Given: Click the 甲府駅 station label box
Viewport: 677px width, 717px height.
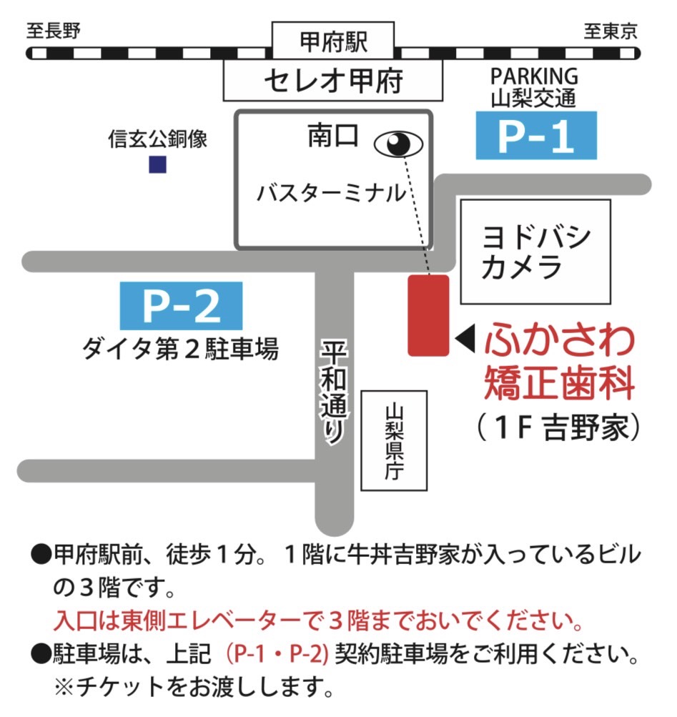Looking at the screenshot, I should click(333, 42).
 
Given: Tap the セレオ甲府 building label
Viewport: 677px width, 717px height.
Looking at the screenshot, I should click(333, 80).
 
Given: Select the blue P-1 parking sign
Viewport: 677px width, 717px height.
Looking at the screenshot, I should click(535, 136).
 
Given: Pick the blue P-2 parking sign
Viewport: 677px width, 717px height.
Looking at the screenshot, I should click(182, 306).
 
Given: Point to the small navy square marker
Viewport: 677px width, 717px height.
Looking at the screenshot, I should click(157, 165).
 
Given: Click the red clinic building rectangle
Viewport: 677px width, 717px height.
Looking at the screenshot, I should click(428, 315).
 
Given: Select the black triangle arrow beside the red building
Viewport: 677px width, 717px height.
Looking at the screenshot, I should click(465, 340).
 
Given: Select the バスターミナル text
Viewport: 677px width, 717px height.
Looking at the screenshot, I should click(331, 193).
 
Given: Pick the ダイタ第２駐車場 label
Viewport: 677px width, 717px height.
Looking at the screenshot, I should click(179, 350).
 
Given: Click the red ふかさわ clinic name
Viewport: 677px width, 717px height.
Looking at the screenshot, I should click(559, 340).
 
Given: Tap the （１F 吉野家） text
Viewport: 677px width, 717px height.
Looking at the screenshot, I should click(557, 427).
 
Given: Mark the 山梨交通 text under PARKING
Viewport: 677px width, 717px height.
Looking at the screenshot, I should click(533, 98).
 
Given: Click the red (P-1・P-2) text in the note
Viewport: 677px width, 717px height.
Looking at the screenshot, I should click(276, 653).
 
